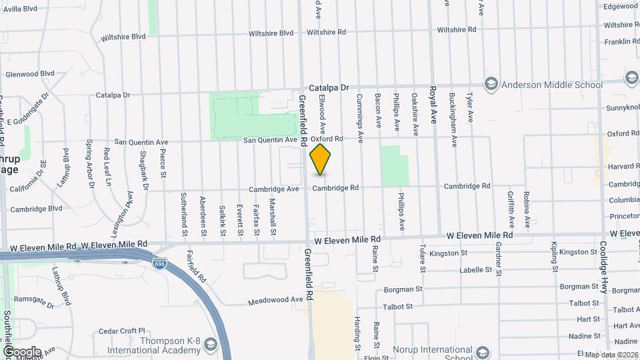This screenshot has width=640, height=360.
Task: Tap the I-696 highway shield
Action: pos(160,263)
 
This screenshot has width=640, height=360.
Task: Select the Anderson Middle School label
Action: pos(551,85)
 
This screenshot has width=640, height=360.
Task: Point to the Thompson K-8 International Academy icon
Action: pos(211,344)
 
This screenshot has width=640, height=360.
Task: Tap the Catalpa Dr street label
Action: pos(329,87)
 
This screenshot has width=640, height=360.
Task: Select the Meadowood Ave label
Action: pos(275,301)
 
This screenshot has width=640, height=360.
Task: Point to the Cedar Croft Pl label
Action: pos(121,331)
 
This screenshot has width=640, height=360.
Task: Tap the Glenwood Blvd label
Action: pos(29,73)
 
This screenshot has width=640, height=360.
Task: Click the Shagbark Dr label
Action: pos(145,175)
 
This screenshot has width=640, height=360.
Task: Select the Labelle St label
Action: pos(480,270)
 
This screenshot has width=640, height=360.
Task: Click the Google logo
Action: pos(21,352)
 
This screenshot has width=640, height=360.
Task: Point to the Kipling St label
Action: pos(554,255)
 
